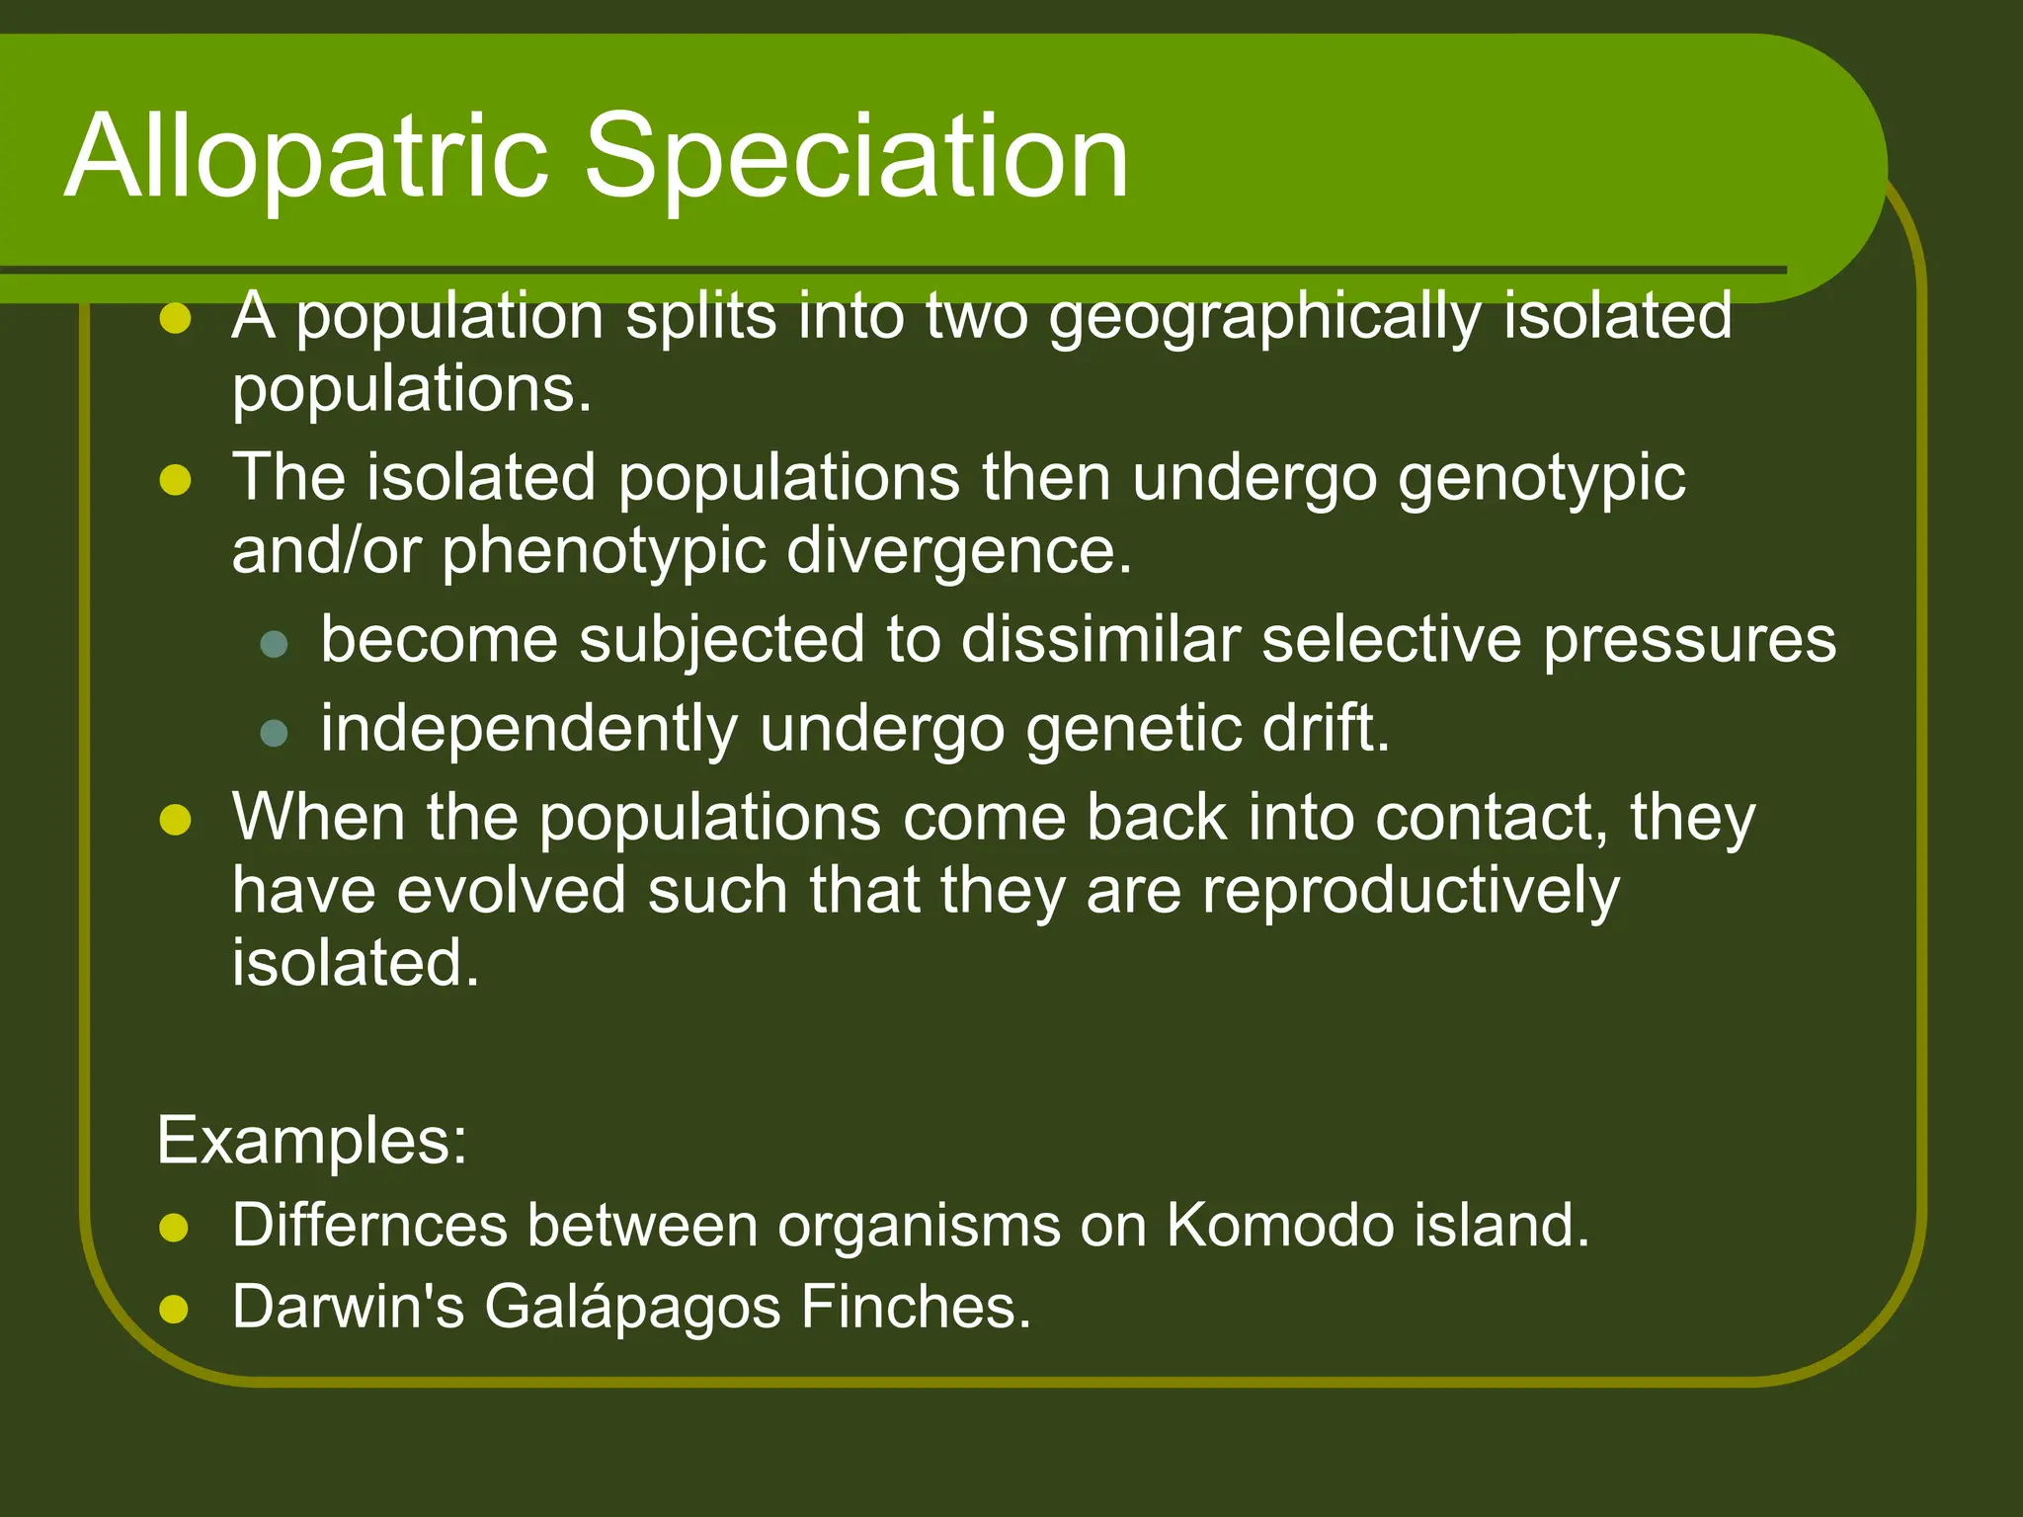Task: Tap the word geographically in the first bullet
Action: click(1264, 318)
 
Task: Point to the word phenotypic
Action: click(604, 551)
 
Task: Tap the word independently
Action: click(528, 731)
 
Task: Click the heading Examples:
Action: click(312, 1141)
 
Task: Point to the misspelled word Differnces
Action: click(369, 1226)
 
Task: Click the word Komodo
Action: click(1280, 1226)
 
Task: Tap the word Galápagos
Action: click(633, 1309)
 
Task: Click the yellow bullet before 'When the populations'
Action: click(175, 820)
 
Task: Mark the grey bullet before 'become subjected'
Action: click(273, 644)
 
